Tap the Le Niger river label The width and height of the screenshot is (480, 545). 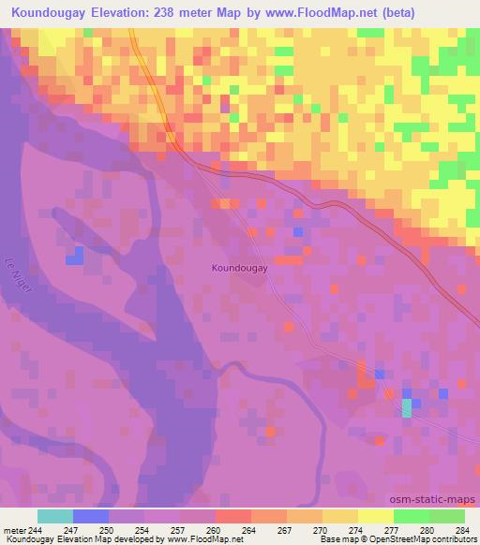[19, 276]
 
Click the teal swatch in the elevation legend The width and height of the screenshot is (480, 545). [54, 516]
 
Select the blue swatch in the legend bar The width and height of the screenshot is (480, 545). [90, 516]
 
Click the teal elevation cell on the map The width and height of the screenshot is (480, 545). [406, 407]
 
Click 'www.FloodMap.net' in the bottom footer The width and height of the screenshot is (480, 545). [201, 539]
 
